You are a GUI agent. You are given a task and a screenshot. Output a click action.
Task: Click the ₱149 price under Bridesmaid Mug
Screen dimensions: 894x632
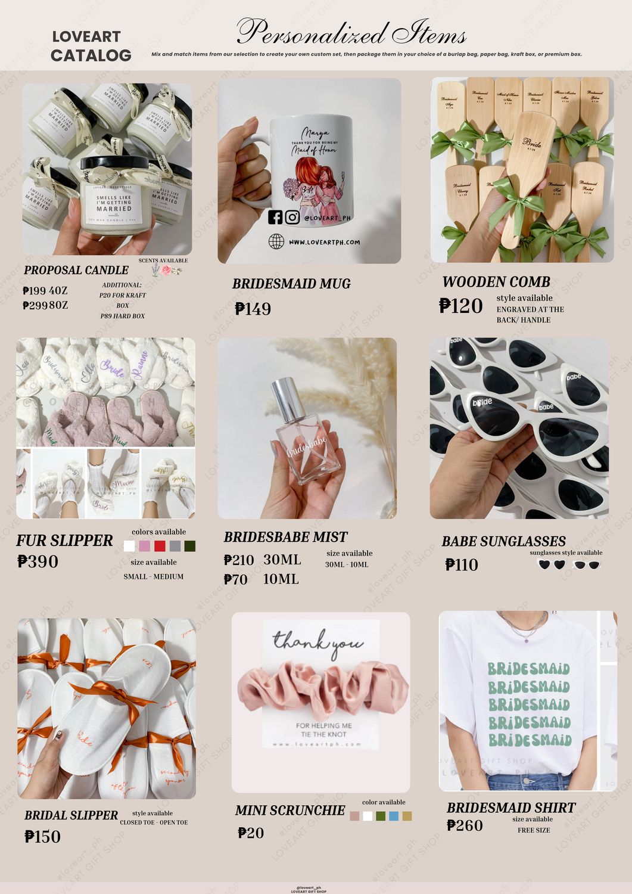coord(253,309)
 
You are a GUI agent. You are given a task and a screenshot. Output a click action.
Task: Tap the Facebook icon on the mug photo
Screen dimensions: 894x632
coord(275,217)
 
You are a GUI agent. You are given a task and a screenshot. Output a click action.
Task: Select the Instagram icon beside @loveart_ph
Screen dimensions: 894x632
coord(292,217)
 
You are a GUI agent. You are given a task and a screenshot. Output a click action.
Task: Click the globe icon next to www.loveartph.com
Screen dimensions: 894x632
coord(276,241)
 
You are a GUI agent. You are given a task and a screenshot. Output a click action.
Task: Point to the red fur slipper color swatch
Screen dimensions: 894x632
coord(160,546)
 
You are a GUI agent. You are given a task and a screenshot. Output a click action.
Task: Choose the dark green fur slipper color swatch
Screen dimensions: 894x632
coord(190,546)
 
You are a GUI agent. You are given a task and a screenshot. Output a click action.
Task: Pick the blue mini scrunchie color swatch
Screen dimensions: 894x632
coord(394,816)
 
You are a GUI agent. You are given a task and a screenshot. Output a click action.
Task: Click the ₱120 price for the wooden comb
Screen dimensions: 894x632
coord(460,306)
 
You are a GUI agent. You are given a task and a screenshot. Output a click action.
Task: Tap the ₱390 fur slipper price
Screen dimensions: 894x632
coord(38,561)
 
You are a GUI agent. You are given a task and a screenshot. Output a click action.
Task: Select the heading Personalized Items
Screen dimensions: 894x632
coord(351,32)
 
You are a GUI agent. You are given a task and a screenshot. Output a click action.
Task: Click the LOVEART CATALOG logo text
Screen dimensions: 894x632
coord(91,46)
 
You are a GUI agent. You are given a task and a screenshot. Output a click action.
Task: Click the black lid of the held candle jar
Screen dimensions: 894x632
coord(114,164)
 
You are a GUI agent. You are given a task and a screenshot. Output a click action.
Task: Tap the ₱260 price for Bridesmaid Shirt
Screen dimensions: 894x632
coord(465,825)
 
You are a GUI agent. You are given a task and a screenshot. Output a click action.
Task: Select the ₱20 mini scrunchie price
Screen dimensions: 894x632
coord(251,833)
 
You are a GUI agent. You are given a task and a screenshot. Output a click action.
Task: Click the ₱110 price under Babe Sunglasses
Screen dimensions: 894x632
coord(462,564)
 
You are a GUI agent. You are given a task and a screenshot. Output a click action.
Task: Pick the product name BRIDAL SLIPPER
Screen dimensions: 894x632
coord(71,815)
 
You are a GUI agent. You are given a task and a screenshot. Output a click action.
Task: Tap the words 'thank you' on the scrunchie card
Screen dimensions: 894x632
coord(318,642)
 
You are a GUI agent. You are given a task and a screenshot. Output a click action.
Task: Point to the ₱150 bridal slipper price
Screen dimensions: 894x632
coord(43,836)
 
